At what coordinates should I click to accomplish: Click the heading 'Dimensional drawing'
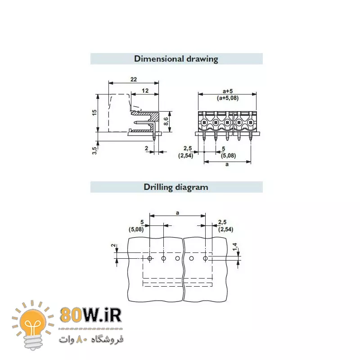(x=176, y=59)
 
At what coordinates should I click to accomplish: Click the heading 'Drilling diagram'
(x=176, y=187)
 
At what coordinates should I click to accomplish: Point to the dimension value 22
(x=134, y=79)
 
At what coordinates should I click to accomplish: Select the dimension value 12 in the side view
(x=145, y=90)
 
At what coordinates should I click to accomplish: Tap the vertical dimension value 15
(x=94, y=112)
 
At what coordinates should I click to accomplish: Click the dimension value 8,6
(x=166, y=121)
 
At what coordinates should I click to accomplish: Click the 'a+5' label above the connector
(x=228, y=90)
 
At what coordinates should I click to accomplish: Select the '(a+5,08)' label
(x=228, y=98)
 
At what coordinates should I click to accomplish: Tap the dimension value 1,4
(x=235, y=246)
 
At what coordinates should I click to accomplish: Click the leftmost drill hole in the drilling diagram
(x=149, y=258)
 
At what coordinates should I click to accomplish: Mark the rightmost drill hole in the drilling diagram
(x=205, y=258)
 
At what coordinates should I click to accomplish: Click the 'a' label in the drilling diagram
(x=177, y=212)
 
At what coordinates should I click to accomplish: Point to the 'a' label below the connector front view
(x=227, y=165)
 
